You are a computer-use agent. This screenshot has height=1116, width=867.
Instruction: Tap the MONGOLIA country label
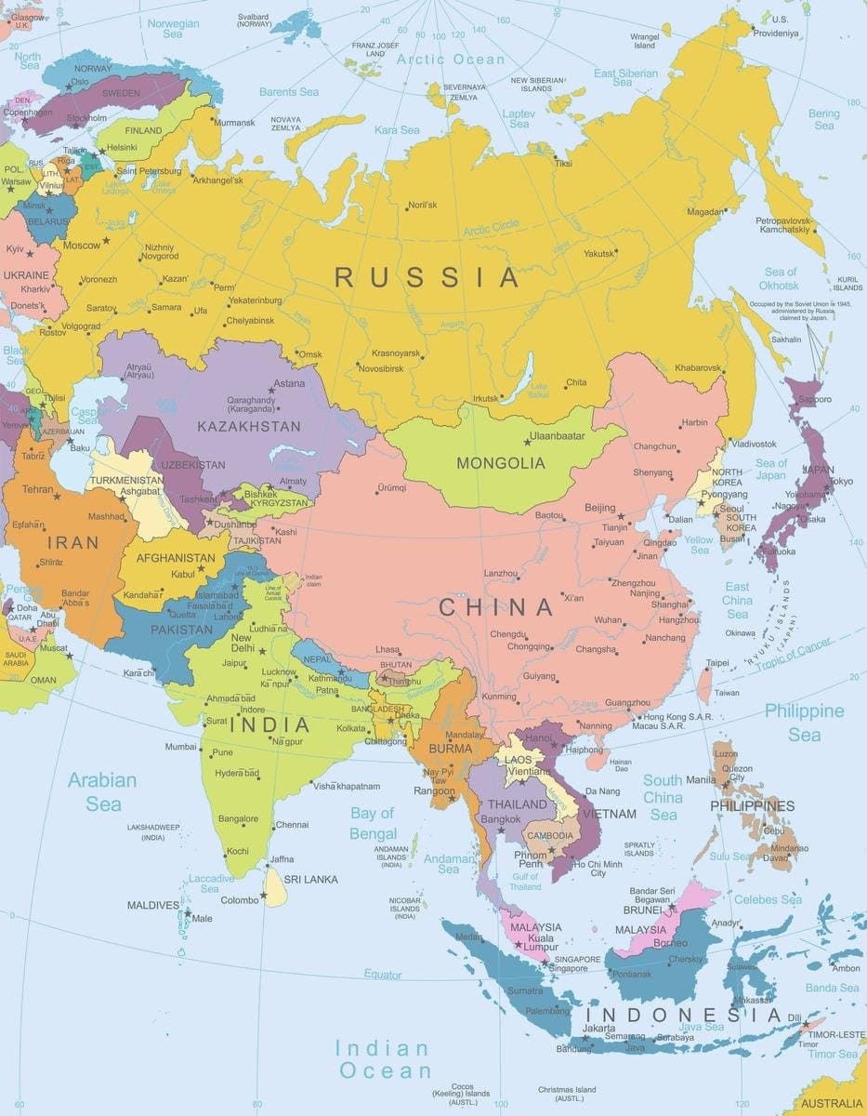(x=500, y=463)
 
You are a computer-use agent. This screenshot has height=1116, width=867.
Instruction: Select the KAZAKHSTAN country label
(x=249, y=427)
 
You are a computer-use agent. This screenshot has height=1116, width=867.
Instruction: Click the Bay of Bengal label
(x=373, y=823)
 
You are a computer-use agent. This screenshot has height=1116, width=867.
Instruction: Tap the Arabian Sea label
(x=103, y=791)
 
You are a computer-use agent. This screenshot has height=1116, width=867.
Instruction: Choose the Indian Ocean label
(x=384, y=1059)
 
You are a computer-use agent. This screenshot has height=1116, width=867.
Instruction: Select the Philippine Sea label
(x=804, y=723)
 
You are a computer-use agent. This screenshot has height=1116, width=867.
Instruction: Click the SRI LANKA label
(x=310, y=879)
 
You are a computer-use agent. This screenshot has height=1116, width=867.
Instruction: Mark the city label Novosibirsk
(x=380, y=368)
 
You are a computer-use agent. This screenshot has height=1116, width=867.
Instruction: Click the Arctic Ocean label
(x=451, y=59)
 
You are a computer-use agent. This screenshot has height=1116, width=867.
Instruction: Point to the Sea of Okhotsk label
(x=779, y=278)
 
